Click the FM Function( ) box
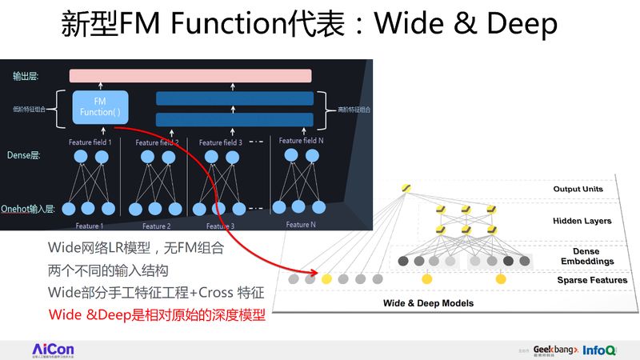(99, 106)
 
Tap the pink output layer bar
(190, 76)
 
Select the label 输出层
(26, 77)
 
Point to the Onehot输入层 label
(27, 208)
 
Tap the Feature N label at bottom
(301, 225)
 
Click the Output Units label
(578, 190)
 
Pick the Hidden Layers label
(582, 221)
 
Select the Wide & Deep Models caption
(428, 303)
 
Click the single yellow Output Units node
(406, 188)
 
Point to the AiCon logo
(53, 350)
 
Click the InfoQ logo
(599, 350)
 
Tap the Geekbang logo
(553, 350)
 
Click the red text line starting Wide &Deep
(157, 315)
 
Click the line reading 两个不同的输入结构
(108, 270)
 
